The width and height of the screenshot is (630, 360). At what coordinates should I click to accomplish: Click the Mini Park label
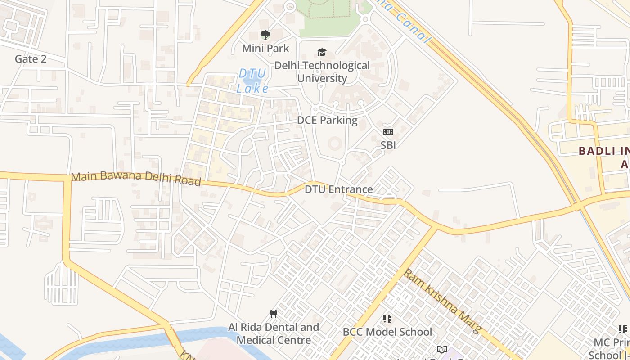tap(265, 48)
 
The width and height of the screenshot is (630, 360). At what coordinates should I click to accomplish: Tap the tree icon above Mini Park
tap(265, 35)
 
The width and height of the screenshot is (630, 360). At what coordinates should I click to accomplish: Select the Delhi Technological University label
tap(322, 72)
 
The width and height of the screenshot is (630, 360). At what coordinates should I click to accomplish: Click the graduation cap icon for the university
tap(322, 53)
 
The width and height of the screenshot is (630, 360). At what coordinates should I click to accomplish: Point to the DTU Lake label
tap(252, 81)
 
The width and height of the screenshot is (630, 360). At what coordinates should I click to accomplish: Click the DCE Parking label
tap(327, 120)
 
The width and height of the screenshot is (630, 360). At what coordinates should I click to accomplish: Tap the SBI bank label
tap(388, 145)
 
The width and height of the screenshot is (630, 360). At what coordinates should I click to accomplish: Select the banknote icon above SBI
tap(388, 132)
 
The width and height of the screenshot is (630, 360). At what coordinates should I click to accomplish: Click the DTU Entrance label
tap(338, 189)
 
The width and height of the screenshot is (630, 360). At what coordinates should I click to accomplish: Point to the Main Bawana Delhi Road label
tap(135, 178)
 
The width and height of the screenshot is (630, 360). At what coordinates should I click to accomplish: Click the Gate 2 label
tap(31, 59)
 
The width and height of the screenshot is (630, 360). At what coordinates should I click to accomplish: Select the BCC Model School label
tap(387, 332)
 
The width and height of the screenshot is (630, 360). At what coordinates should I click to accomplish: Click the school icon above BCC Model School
tap(387, 319)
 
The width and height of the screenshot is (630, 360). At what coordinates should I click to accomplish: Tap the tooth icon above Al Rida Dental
tap(273, 314)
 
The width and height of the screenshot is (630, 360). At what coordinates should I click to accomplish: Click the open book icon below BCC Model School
tap(442, 349)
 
